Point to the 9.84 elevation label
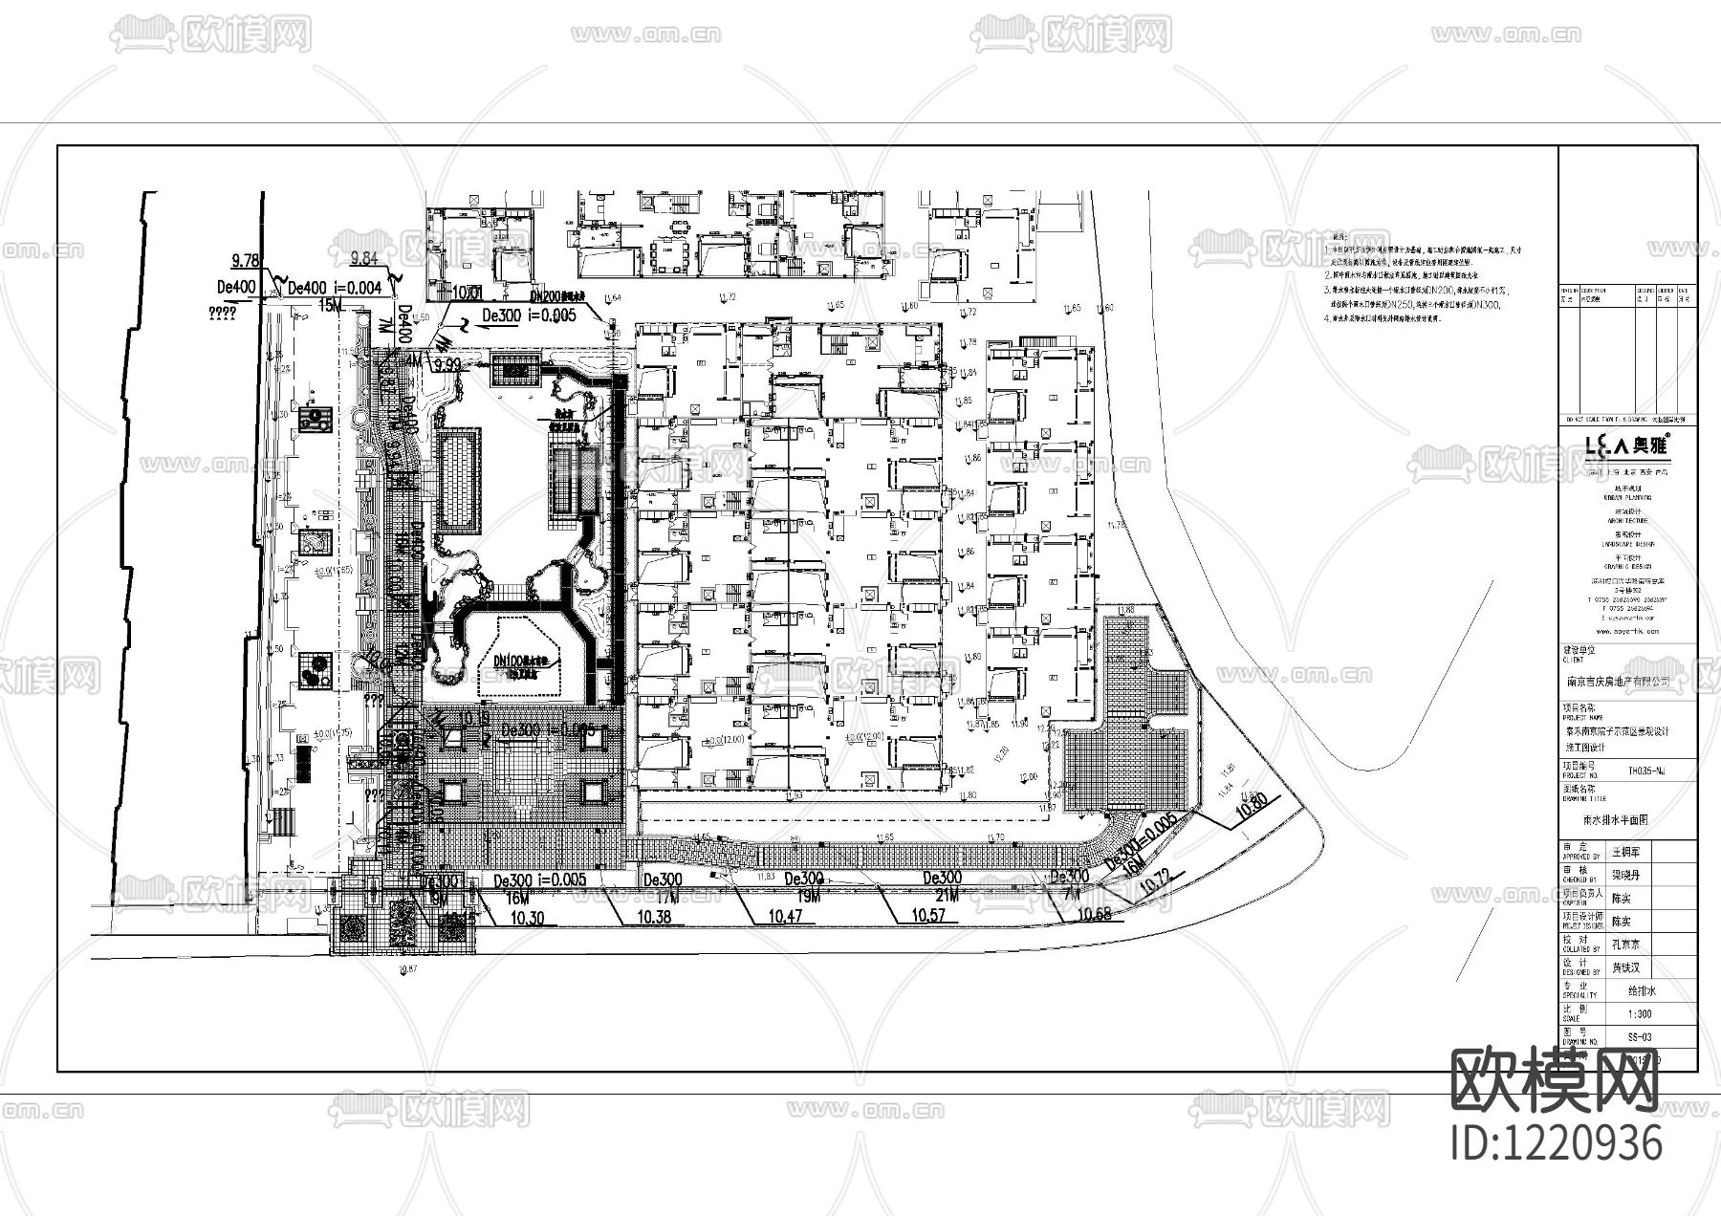tap(364, 258)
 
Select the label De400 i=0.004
tap(336, 288)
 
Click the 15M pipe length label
tap(331, 304)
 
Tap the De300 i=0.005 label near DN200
tap(529, 315)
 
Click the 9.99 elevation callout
tap(447, 365)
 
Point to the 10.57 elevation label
tap(926, 916)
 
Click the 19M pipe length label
tap(808, 896)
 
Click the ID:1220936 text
tap(1557, 1143)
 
